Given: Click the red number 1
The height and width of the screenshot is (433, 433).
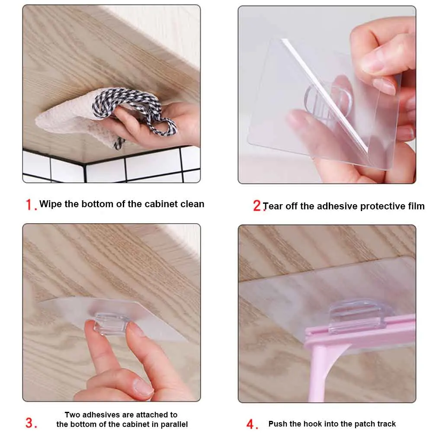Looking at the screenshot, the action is pyautogui.click(x=29, y=205).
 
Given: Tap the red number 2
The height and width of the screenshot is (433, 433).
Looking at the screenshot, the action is pyautogui.click(x=257, y=206).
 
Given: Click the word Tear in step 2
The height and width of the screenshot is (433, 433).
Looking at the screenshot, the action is pyautogui.click(x=273, y=206).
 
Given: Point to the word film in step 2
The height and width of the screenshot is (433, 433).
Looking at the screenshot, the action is pyautogui.click(x=416, y=206).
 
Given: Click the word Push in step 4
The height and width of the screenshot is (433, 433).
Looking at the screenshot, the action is pyautogui.click(x=278, y=423).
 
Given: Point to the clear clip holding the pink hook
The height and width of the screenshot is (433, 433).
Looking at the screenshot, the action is pyautogui.click(x=356, y=316).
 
